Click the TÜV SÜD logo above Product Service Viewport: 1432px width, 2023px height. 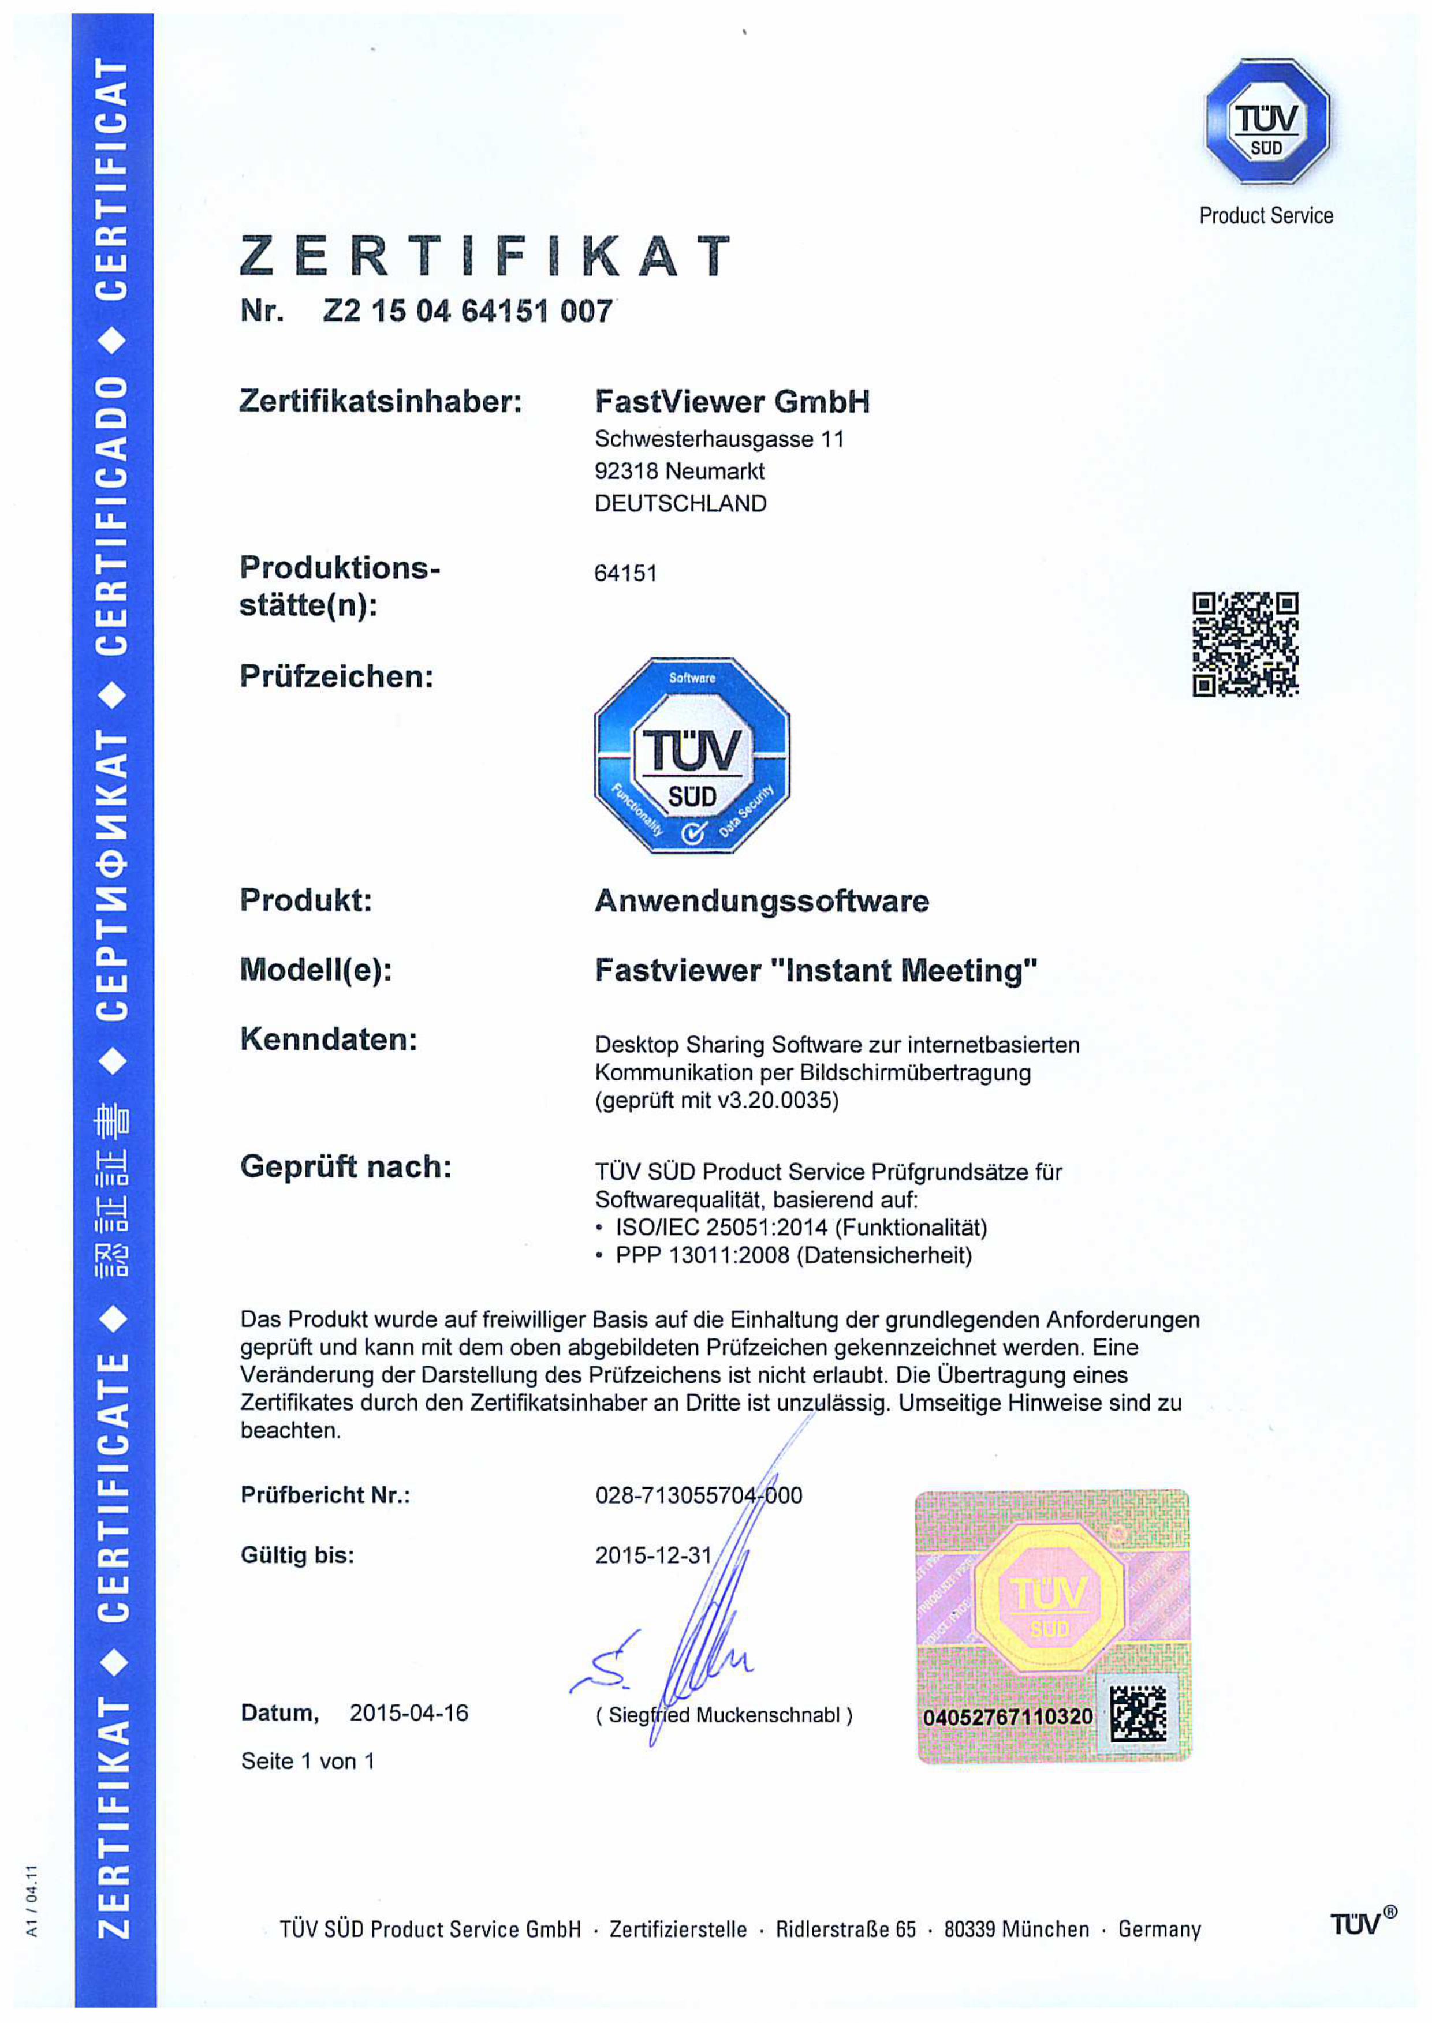1266,122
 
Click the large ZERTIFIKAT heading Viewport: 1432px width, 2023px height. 485,256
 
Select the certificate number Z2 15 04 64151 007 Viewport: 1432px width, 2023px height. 467,311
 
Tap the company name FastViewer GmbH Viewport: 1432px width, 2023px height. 732,402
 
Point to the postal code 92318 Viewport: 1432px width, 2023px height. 626,471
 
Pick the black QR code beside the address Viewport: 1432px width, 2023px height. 1245,644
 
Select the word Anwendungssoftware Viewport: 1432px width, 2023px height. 761,901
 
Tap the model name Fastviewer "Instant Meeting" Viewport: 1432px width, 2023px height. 816,970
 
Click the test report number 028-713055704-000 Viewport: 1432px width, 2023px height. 698,1495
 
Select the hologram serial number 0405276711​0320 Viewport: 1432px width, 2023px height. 1007,1717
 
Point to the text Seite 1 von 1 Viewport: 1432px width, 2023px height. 308,1761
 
